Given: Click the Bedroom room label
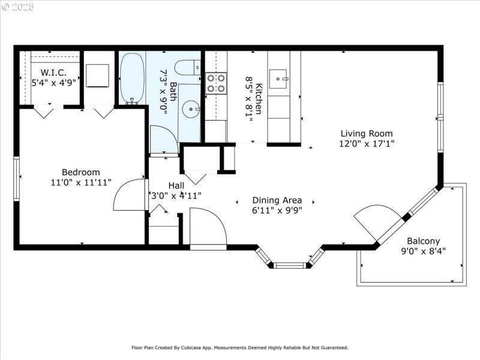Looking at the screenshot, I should [x=81, y=172].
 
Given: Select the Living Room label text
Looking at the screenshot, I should [x=367, y=134].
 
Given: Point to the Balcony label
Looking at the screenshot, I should [x=423, y=241].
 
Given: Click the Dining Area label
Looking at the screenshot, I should [x=277, y=200].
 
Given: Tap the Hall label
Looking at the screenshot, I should [x=176, y=185].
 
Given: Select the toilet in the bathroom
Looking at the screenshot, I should [x=188, y=67].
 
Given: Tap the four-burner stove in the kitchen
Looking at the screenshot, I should [x=216, y=83].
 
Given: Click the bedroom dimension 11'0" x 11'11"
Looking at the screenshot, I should [x=81, y=183].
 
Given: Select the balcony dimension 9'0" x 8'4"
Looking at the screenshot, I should [x=423, y=251].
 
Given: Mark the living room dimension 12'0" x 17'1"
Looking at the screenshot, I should [x=367, y=144].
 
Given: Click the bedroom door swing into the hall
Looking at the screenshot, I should [x=129, y=195].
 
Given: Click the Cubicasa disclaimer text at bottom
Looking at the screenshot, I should [x=240, y=347].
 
